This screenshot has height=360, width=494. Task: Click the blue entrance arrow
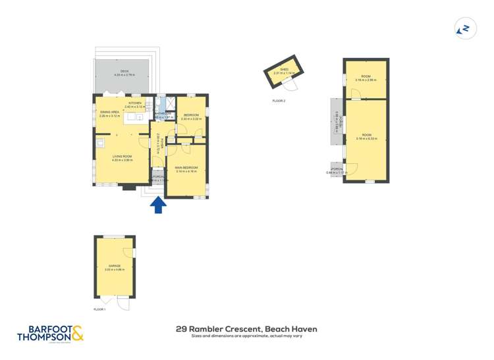(x=157, y=205)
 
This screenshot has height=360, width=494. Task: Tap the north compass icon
(x=465, y=28)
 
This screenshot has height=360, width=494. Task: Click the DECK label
(x=124, y=71)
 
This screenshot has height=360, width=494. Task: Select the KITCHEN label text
(x=134, y=103)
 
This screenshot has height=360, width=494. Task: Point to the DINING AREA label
(x=109, y=113)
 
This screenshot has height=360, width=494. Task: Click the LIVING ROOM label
(x=123, y=156)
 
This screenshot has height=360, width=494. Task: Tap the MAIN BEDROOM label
(x=186, y=168)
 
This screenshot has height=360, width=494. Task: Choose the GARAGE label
(x=115, y=265)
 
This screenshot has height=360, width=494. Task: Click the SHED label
(x=284, y=68)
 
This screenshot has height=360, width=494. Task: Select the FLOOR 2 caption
(x=279, y=101)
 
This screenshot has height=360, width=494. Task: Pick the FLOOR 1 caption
(x=99, y=309)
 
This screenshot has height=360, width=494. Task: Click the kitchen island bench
(x=136, y=117)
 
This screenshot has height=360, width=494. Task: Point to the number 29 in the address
(x=182, y=328)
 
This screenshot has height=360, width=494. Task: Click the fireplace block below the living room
(x=129, y=187)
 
